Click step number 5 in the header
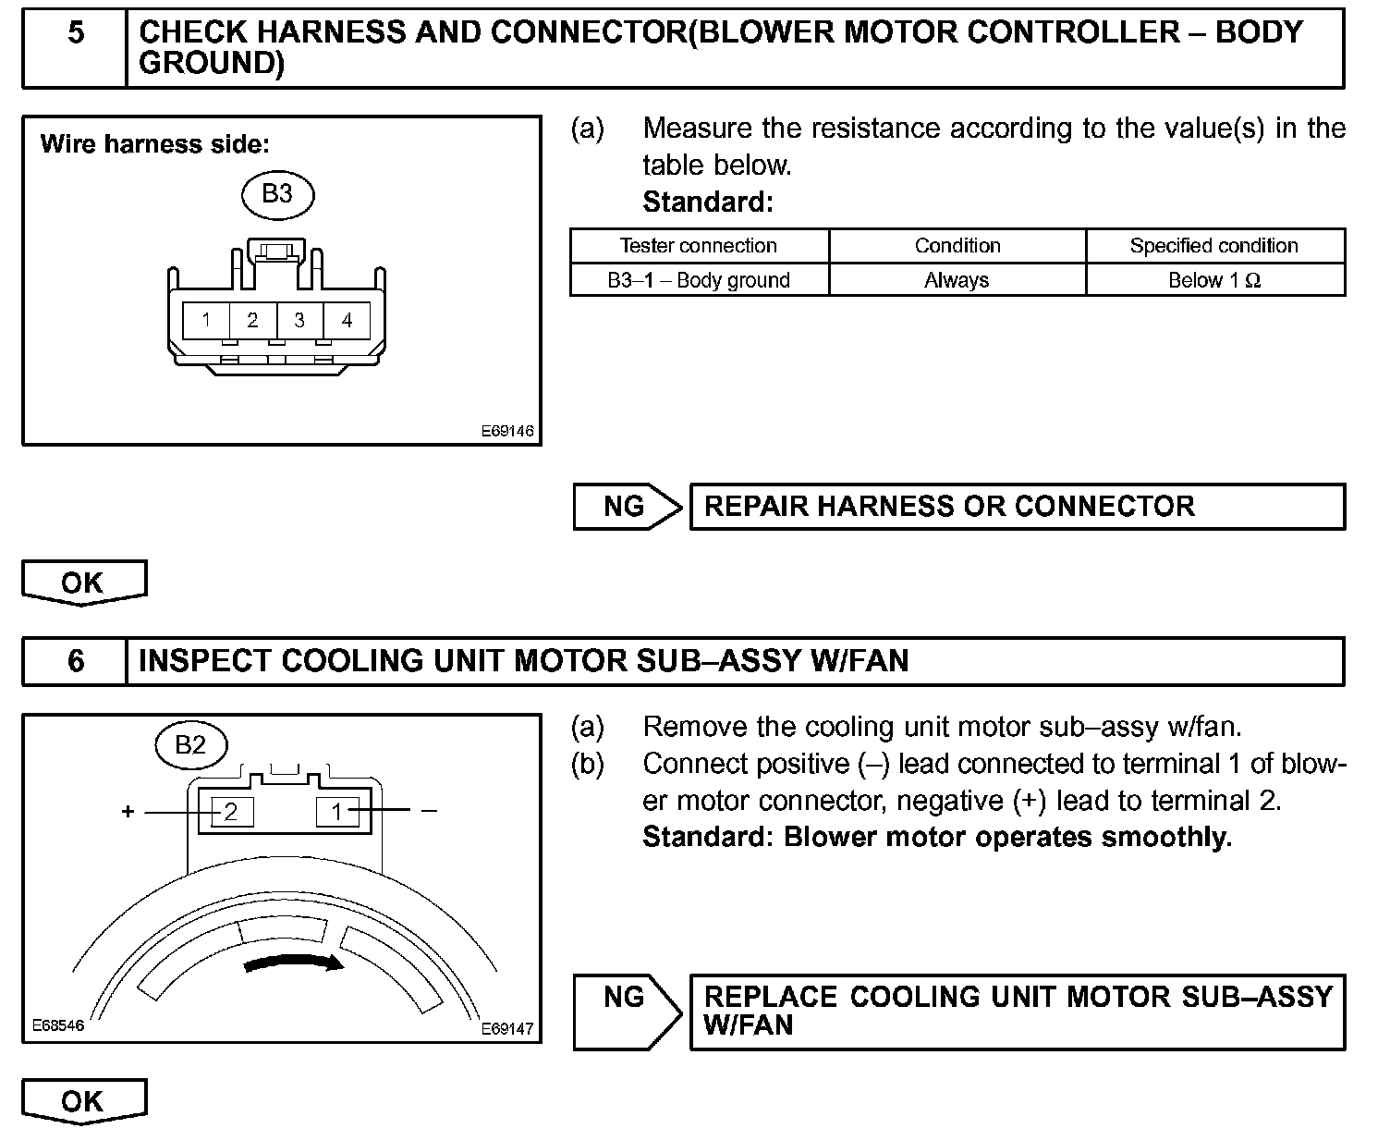pos(76,33)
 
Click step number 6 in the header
pos(76,661)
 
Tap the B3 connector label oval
pos(277,193)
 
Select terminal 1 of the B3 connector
pos(206,320)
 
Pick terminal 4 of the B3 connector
pos(347,320)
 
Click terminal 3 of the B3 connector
pos(299,320)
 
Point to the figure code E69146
pos(506,431)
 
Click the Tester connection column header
pos(699,246)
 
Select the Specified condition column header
pos(1213,246)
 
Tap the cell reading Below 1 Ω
pos(1213,280)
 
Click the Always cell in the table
pos(957,280)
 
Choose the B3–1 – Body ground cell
pos(699,280)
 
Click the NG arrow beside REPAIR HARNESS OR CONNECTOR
pos(627,507)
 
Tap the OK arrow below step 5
pos(83,583)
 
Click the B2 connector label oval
pos(190,744)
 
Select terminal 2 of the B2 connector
pos(231,812)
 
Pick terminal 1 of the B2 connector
pos(337,812)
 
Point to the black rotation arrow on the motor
pos(294,963)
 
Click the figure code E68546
pos(57,1025)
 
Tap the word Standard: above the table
pos(707,202)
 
